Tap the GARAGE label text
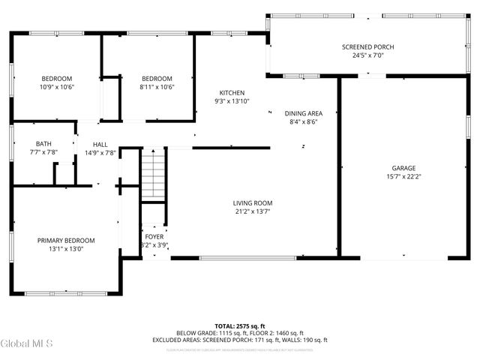[403, 169]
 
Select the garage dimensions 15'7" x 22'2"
[403, 177]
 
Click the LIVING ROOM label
[252, 203]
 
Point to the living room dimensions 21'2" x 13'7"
[252, 211]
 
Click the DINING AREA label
[303, 113]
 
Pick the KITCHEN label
[232, 93]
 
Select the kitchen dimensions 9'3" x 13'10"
[232, 101]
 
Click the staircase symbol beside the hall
[153, 174]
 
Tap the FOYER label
[154, 237]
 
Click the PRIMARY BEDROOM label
[66, 241]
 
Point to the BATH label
[43, 144]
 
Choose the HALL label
[100, 145]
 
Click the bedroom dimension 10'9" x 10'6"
[56, 87]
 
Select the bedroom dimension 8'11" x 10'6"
[157, 87]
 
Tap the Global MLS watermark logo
[27, 344]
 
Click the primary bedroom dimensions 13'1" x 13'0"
[66, 249]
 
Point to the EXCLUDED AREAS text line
[240, 340]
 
